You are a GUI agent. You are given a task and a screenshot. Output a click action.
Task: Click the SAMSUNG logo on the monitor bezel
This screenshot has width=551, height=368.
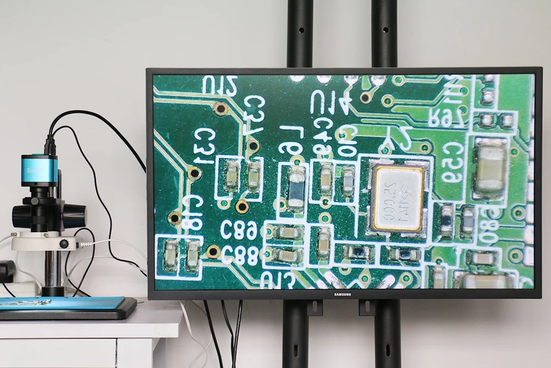click(x=343, y=294)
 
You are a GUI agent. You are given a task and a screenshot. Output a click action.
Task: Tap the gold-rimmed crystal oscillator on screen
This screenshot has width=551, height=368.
click(x=397, y=198)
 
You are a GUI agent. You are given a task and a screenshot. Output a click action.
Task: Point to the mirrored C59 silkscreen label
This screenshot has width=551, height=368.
click(x=451, y=162)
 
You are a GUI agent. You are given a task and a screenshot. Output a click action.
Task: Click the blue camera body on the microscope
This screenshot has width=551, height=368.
click(x=39, y=170)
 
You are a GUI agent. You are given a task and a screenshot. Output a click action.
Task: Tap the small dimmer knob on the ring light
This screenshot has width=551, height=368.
click(x=64, y=243)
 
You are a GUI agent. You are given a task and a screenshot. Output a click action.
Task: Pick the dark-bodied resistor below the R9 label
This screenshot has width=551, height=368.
click(x=296, y=188)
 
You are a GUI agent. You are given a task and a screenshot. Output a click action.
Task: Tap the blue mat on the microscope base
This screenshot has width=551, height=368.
click(x=61, y=303)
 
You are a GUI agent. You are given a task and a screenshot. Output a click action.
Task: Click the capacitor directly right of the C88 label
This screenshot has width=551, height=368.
click(x=287, y=255)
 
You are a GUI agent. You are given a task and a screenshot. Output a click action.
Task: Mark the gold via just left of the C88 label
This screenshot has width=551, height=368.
click(x=213, y=252)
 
